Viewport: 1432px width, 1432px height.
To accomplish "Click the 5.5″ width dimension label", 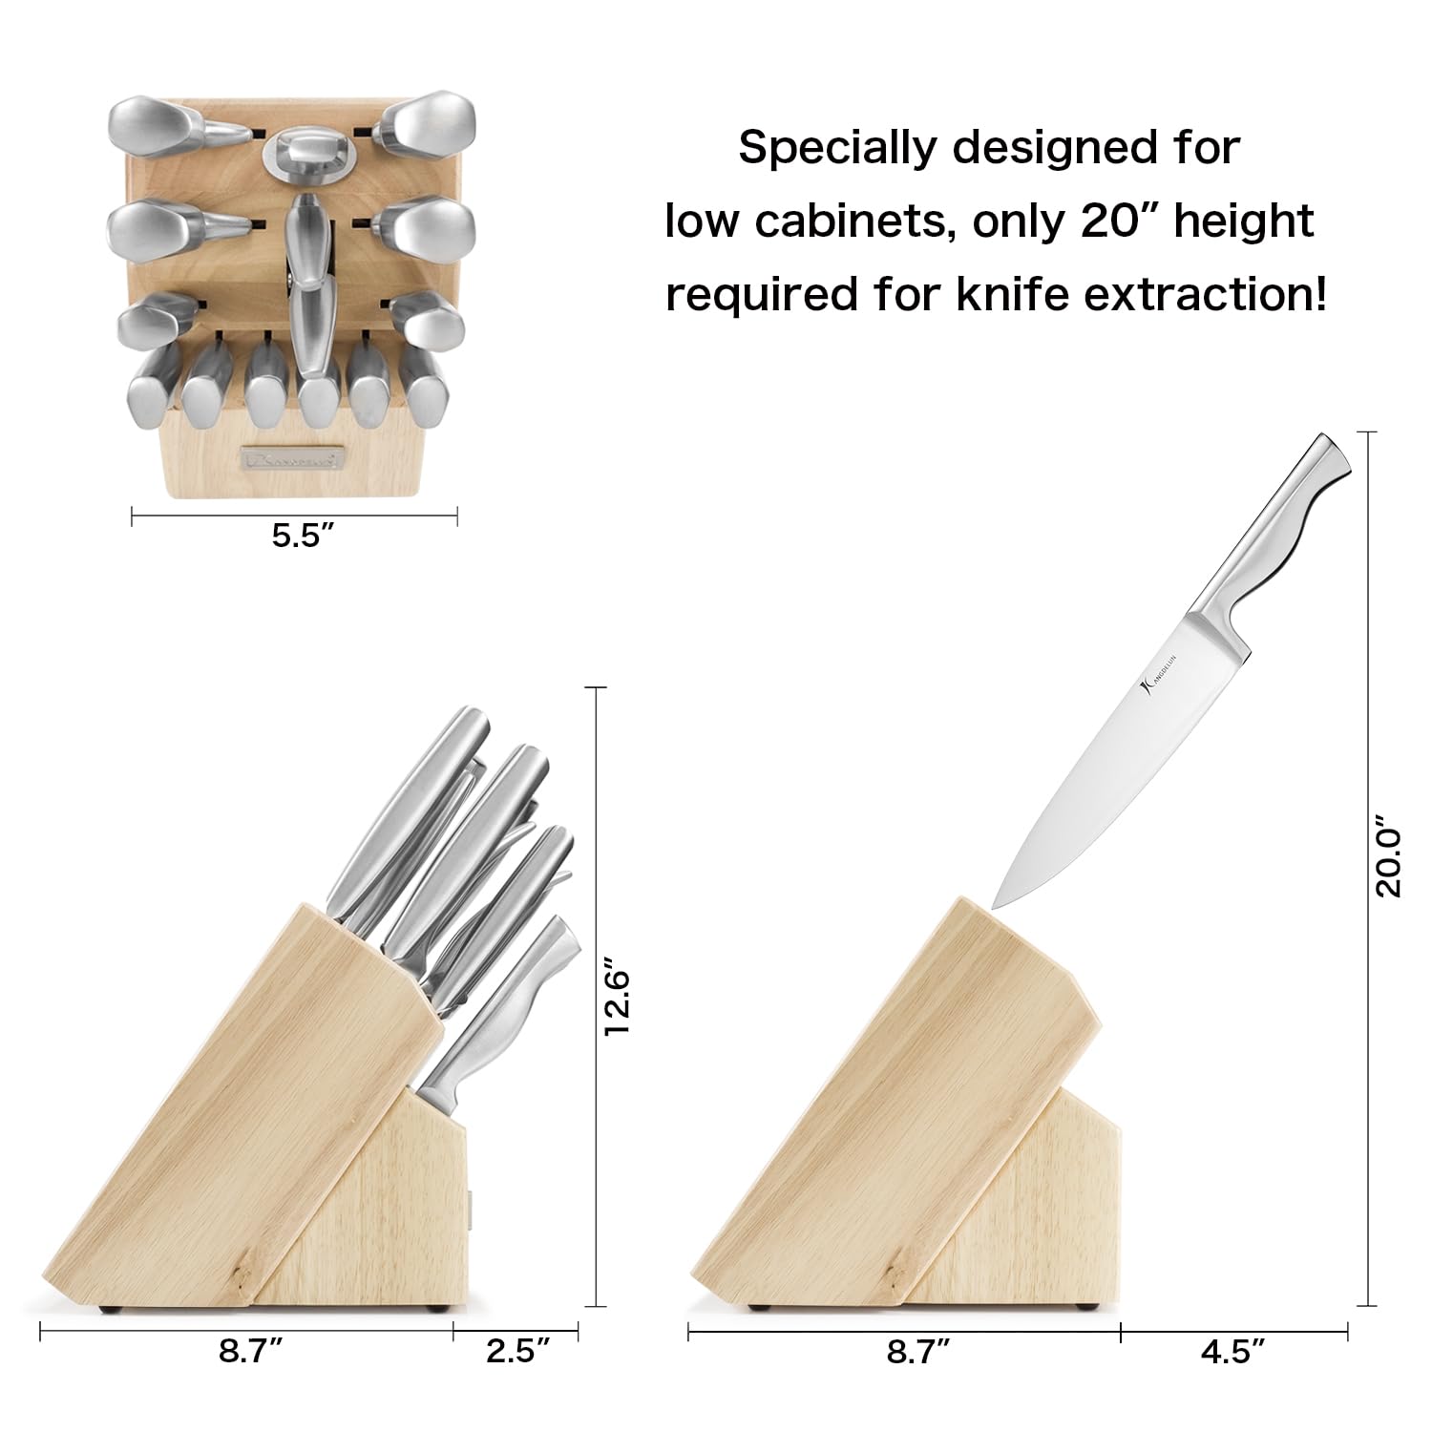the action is coord(301,536).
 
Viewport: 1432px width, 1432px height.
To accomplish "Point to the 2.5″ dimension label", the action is coord(518,1352).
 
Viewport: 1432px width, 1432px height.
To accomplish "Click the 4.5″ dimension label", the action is coord(1234,1352).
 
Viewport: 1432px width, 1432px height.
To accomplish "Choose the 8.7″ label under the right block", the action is coord(918,1352).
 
